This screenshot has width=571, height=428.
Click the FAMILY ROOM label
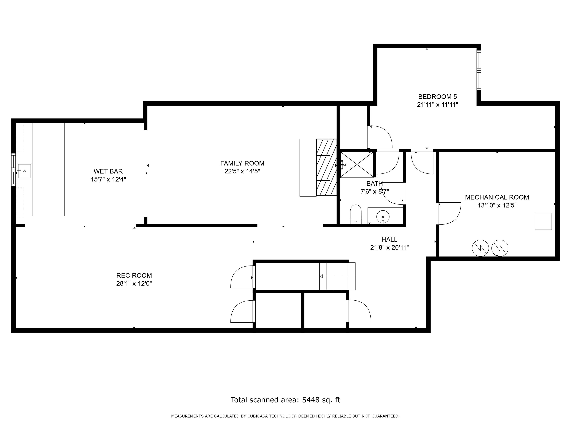pyautogui.click(x=242, y=163)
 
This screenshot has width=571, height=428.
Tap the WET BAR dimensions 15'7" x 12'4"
pyautogui.click(x=108, y=179)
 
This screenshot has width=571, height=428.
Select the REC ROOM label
pyautogui.click(x=134, y=275)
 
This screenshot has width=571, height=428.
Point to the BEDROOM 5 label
pyautogui.click(x=437, y=97)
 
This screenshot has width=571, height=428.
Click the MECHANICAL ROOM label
pyautogui.click(x=497, y=197)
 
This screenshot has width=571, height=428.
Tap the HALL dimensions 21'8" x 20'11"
pyautogui.click(x=389, y=248)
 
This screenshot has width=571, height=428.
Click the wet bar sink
pyautogui.click(x=24, y=171)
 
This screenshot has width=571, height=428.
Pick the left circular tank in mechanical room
pyautogui.click(x=480, y=248)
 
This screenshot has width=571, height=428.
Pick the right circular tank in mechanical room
pyautogui.click(x=500, y=248)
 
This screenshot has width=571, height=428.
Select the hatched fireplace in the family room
pyautogui.click(x=326, y=167)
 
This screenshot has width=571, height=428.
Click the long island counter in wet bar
pyautogui.click(x=73, y=169)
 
